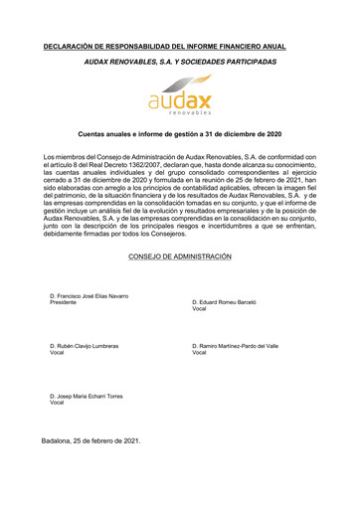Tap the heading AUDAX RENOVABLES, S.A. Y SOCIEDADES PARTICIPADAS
180,62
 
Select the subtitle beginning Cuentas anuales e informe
180,134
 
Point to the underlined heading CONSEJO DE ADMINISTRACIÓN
180,256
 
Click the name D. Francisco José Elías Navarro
89,295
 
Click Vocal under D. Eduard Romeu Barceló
198,309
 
